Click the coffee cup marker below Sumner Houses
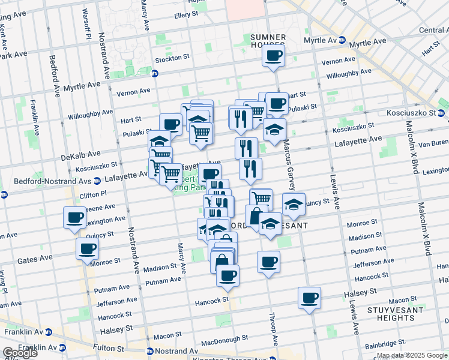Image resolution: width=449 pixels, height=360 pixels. pos(273,56)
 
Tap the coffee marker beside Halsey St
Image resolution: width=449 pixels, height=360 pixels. pos(309,298)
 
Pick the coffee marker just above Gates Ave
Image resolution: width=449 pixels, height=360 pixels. pos(87,248)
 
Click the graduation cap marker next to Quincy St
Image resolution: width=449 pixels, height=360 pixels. pos(294,204)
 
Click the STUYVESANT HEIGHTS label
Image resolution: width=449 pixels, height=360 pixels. pos(397,313)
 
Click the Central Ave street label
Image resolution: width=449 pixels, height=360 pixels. pos(433,30)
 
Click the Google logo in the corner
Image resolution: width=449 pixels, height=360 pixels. pos(20,353)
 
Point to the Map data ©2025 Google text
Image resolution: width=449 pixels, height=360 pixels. pos(412,356)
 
